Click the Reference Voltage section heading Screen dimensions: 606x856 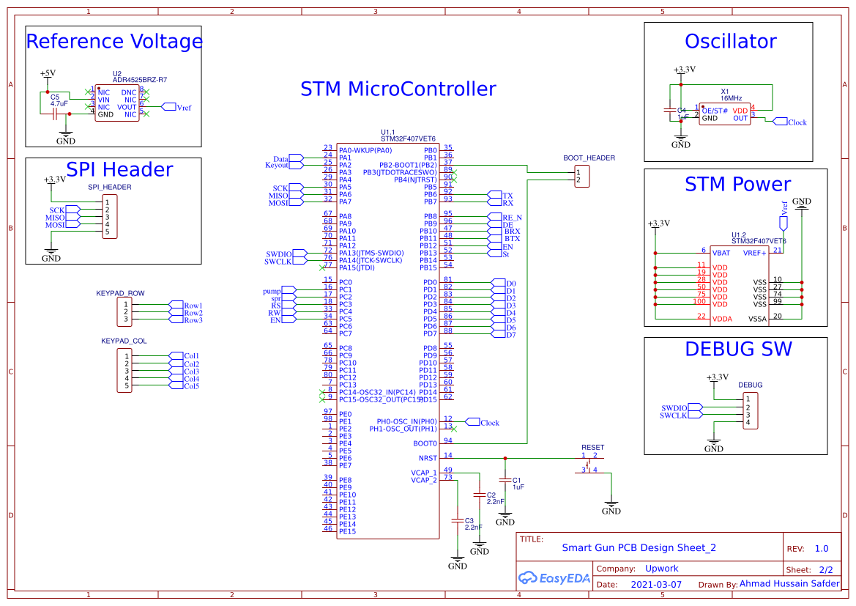click(x=113, y=41)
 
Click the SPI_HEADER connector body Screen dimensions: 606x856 click(x=108, y=217)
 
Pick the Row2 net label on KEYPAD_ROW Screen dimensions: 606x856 click(x=193, y=313)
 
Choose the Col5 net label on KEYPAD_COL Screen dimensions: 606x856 click(x=191, y=386)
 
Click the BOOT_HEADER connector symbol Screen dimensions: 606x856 click(x=581, y=176)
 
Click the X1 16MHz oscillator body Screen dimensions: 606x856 click(x=724, y=114)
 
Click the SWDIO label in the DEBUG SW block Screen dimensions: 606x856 click(x=674, y=408)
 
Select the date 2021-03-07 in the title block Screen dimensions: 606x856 click(x=656, y=585)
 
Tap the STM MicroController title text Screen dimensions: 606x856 click(x=398, y=89)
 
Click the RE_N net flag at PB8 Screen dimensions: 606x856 click(x=512, y=218)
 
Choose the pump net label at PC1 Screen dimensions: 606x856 click(x=272, y=291)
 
